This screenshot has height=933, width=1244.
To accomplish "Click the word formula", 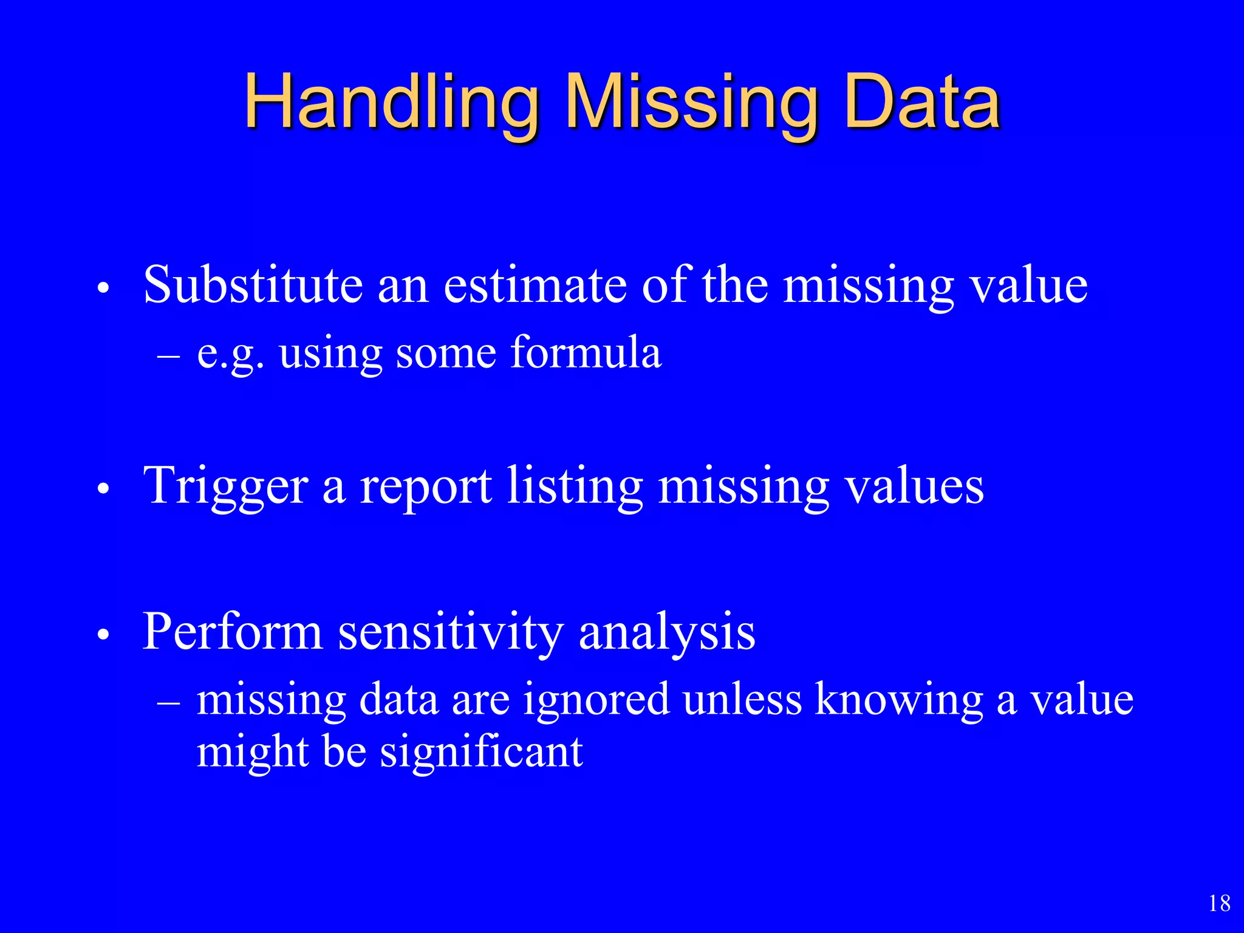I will tap(586, 352).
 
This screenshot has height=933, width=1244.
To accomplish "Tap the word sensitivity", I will tap(450, 632).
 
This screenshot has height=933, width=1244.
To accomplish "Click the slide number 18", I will tap(1219, 903).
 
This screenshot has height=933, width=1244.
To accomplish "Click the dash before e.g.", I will tap(168, 355).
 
